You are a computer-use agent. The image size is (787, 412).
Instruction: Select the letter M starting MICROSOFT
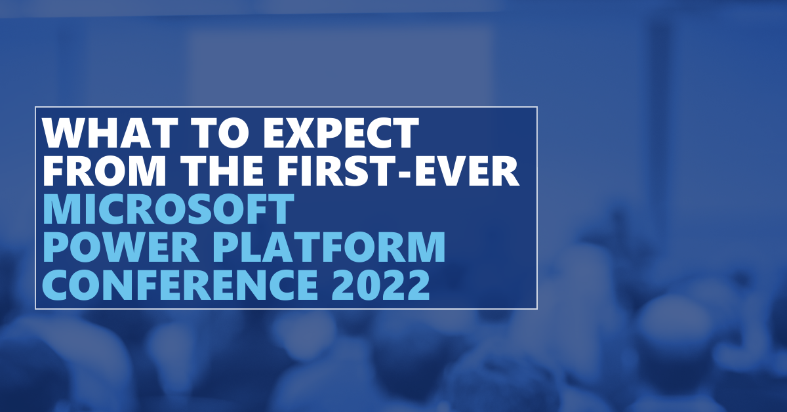pyautogui.click(x=62, y=209)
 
